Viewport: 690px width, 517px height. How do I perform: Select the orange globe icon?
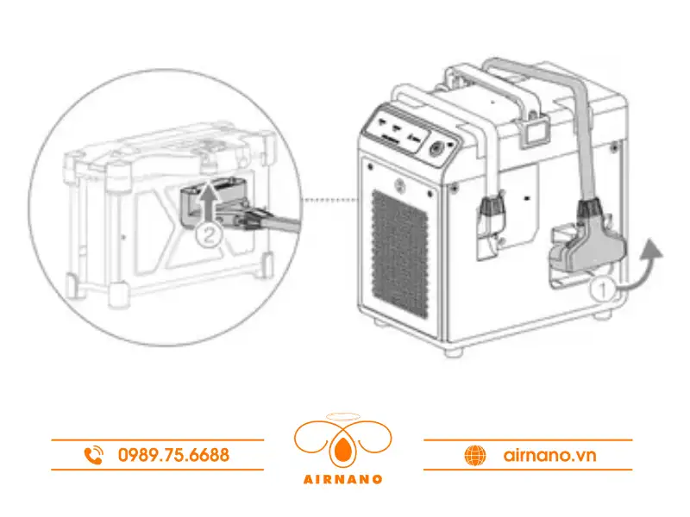tap(474, 455)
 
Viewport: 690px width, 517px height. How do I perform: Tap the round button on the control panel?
tap(436, 149)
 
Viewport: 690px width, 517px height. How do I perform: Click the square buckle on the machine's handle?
tap(537, 132)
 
